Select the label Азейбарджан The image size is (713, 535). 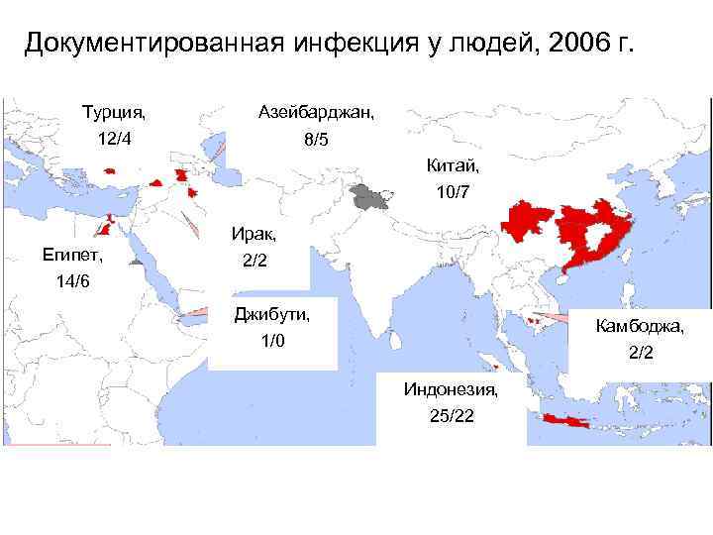click(x=316, y=112)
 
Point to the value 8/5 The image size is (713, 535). click(x=316, y=141)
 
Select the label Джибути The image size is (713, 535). click(x=271, y=314)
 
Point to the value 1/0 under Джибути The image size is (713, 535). click(x=271, y=342)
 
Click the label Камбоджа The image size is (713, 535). click(x=639, y=325)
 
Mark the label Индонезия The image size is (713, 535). click(x=452, y=387)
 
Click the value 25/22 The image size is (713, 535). click(x=452, y=415)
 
